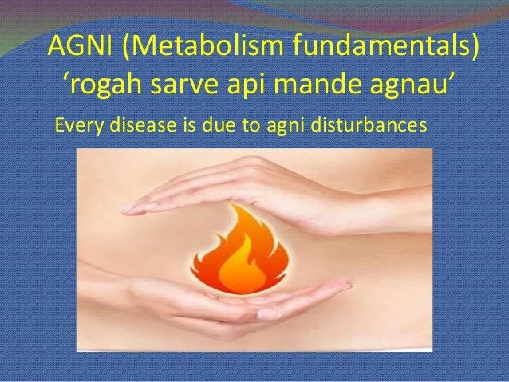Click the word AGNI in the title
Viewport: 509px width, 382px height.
click(80, 45)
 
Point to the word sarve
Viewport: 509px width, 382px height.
click(184, 86)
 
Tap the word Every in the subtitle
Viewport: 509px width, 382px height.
click(80, 125)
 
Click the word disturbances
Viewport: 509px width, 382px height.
click(369, 124)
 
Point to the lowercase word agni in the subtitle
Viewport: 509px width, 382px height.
click(286, 127)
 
